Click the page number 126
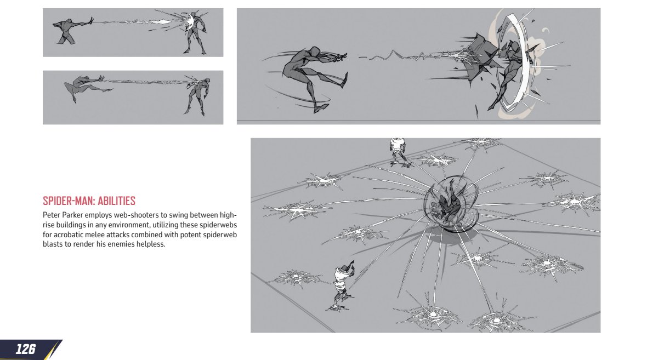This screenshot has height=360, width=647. [26, 349]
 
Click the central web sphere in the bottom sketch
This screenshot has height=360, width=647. [450, 205]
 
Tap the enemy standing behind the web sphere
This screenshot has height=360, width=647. [399, 151]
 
